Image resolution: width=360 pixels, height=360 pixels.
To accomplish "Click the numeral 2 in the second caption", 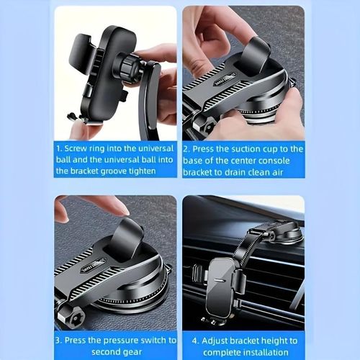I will pos(186,148).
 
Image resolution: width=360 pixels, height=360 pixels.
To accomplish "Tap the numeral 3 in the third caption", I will pos(58,340).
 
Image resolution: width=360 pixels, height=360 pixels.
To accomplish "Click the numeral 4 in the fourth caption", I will pos(194,340).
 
